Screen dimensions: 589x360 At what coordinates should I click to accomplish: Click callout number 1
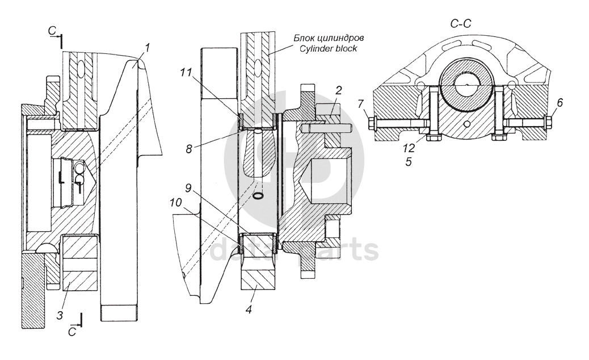pyautogui.click(x=148, y=48)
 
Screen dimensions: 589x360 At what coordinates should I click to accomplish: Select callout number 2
pyautogui.click(x=338, y=90)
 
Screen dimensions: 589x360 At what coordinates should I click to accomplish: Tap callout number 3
pyautogui.click(x=60, y=315)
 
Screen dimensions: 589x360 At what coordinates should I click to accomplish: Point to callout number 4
pyautogui.click(x=249, y=309)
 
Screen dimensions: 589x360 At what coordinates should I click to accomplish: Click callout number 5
pyautogui.click(x=409, y=162)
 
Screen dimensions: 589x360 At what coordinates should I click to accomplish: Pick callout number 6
pyautogui.click(x=559, y=103)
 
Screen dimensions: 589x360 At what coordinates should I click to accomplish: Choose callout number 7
pyautogui.click(x=361, y=103)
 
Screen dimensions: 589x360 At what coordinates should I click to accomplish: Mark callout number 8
pyautogui.click(x=188, y=149)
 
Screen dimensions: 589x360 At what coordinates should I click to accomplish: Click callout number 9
pyautogui.click(x=188, y=187)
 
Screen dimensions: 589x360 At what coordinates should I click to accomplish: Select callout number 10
pyautogui.click(x=175, y=203)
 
